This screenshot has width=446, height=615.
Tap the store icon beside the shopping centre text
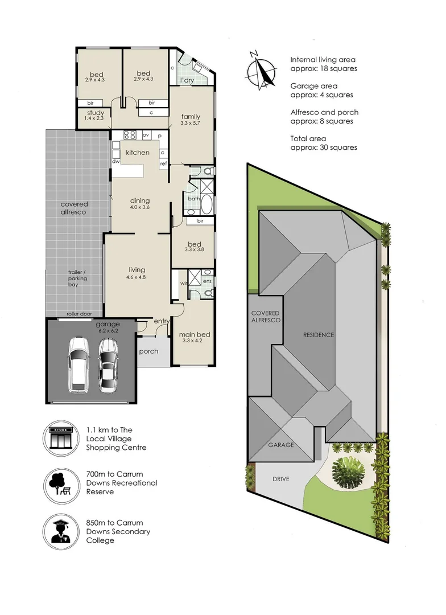tap(61, 438)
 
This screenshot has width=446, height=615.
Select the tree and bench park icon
tap(61, 486)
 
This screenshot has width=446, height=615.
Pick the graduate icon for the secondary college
tap(61, 532)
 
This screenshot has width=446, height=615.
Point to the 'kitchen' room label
tap(138, 152)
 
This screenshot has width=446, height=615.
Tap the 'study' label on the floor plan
tap(96, 113)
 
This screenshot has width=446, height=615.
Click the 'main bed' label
tap(195, 334)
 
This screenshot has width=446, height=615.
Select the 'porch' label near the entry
tap(148, 351)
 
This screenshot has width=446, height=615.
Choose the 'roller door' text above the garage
tap(79, 314)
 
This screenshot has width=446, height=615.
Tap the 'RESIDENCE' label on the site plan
tap(318, 335)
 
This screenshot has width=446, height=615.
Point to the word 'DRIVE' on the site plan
tap(281, 479)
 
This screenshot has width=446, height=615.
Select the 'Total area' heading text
tap(308, 138)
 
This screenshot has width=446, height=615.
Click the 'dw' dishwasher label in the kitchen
tap(116, 161)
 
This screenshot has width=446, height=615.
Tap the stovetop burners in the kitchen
tap(130, 136)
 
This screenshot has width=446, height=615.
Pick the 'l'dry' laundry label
tap(187, 80)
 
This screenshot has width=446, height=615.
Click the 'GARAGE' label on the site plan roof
tap(281, 445)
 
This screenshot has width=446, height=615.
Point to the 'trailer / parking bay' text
tap(77, 278)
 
